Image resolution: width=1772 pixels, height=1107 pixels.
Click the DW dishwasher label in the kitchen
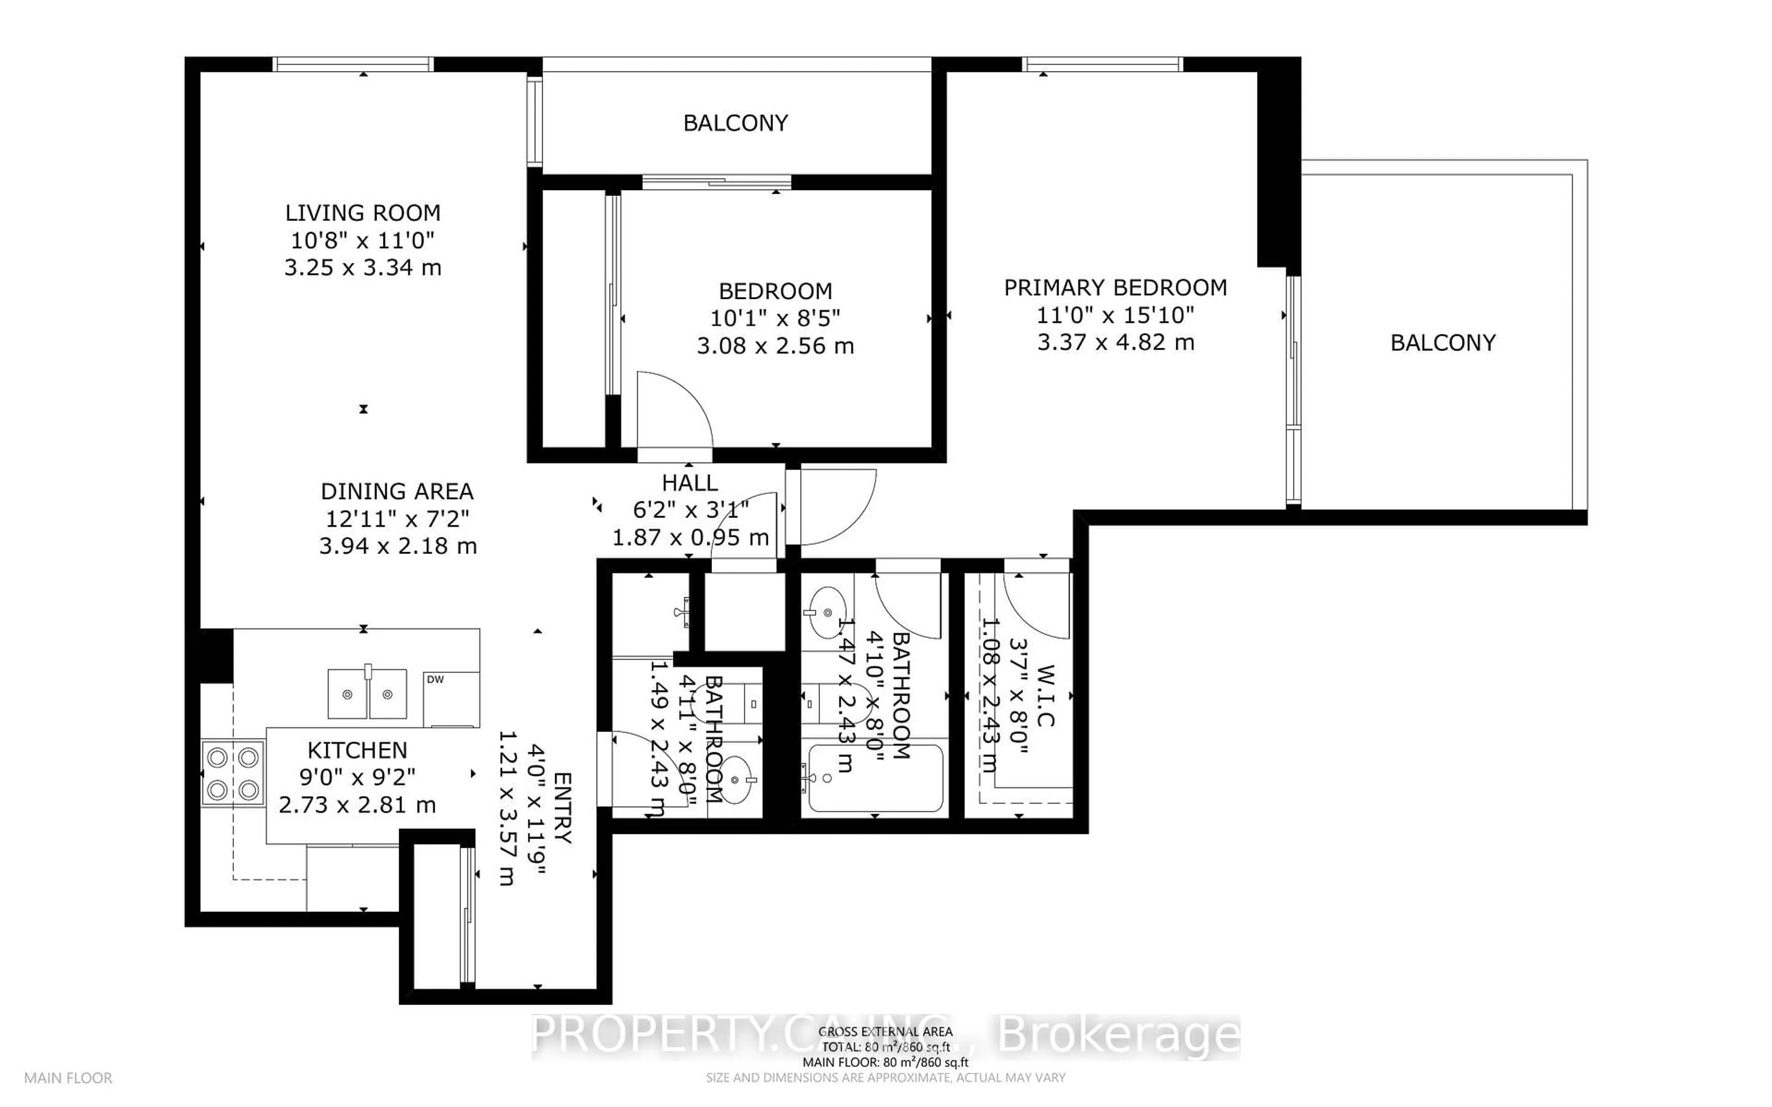tap(435, 679)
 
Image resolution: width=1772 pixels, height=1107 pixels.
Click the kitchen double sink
tap(367, 693)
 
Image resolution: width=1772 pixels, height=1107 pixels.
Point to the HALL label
tap(690, 483)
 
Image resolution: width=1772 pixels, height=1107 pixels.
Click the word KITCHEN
tap(357, 750)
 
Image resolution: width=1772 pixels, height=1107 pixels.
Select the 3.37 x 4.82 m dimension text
tap(1115, 342)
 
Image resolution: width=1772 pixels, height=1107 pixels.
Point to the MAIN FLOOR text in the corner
tap(68, 1078)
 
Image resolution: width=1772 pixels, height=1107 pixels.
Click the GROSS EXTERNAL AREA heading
tap(885, 1032)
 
